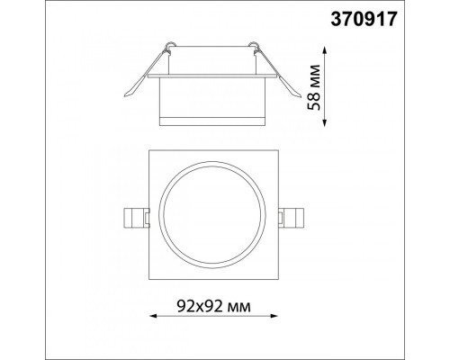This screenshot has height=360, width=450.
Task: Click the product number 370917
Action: tap(364, 19)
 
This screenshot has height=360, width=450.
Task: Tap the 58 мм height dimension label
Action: tap(314, 87)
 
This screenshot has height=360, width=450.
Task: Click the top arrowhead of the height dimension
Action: tap(324, 49)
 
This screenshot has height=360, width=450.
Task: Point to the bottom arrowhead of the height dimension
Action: tap(324, 122)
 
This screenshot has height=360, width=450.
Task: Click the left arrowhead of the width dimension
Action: tap(153, 316)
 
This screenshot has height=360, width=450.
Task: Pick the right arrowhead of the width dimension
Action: tap(274, 316)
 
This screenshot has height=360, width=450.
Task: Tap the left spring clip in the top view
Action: tap(137, 218)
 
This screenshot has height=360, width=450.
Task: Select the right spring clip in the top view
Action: tap(291, 218)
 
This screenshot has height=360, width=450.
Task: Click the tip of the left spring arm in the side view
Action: tap(124, 96)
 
